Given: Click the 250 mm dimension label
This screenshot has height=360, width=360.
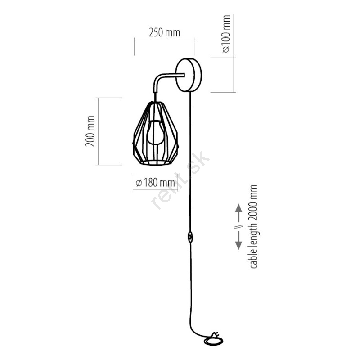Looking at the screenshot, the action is click(x=164, y=32).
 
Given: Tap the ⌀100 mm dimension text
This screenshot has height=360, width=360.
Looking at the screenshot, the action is click(x=226, y=34).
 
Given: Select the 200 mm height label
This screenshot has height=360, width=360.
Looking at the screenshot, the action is click(x=90, y=131).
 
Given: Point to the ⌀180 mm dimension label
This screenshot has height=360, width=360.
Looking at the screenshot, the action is click(x=155, y=183).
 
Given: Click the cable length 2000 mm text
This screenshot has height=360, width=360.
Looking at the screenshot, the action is click(x=254, y=226).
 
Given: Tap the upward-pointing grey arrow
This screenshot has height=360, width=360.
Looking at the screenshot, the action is click(x=239, y=212).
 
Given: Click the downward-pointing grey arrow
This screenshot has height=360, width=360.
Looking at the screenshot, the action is click(x=239, y=240).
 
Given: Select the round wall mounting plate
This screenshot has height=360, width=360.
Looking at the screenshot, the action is click(x=189, y=75).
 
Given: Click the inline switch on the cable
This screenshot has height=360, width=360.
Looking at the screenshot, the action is click(x=190, y=237).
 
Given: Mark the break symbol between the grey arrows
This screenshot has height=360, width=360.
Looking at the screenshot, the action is click(x=239, y=227).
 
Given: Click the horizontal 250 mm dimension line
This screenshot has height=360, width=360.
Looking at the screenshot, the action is click(x=165, y=40).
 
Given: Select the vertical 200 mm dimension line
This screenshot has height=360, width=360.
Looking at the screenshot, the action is click(x=99, y=131).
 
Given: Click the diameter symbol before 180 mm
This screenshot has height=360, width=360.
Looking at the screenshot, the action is click(x=139, y=183).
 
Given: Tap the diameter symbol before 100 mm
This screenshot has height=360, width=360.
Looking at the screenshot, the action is click(x=226, y=49).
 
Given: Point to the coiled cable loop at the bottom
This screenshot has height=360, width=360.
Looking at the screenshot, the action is click(x=214, y=341).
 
